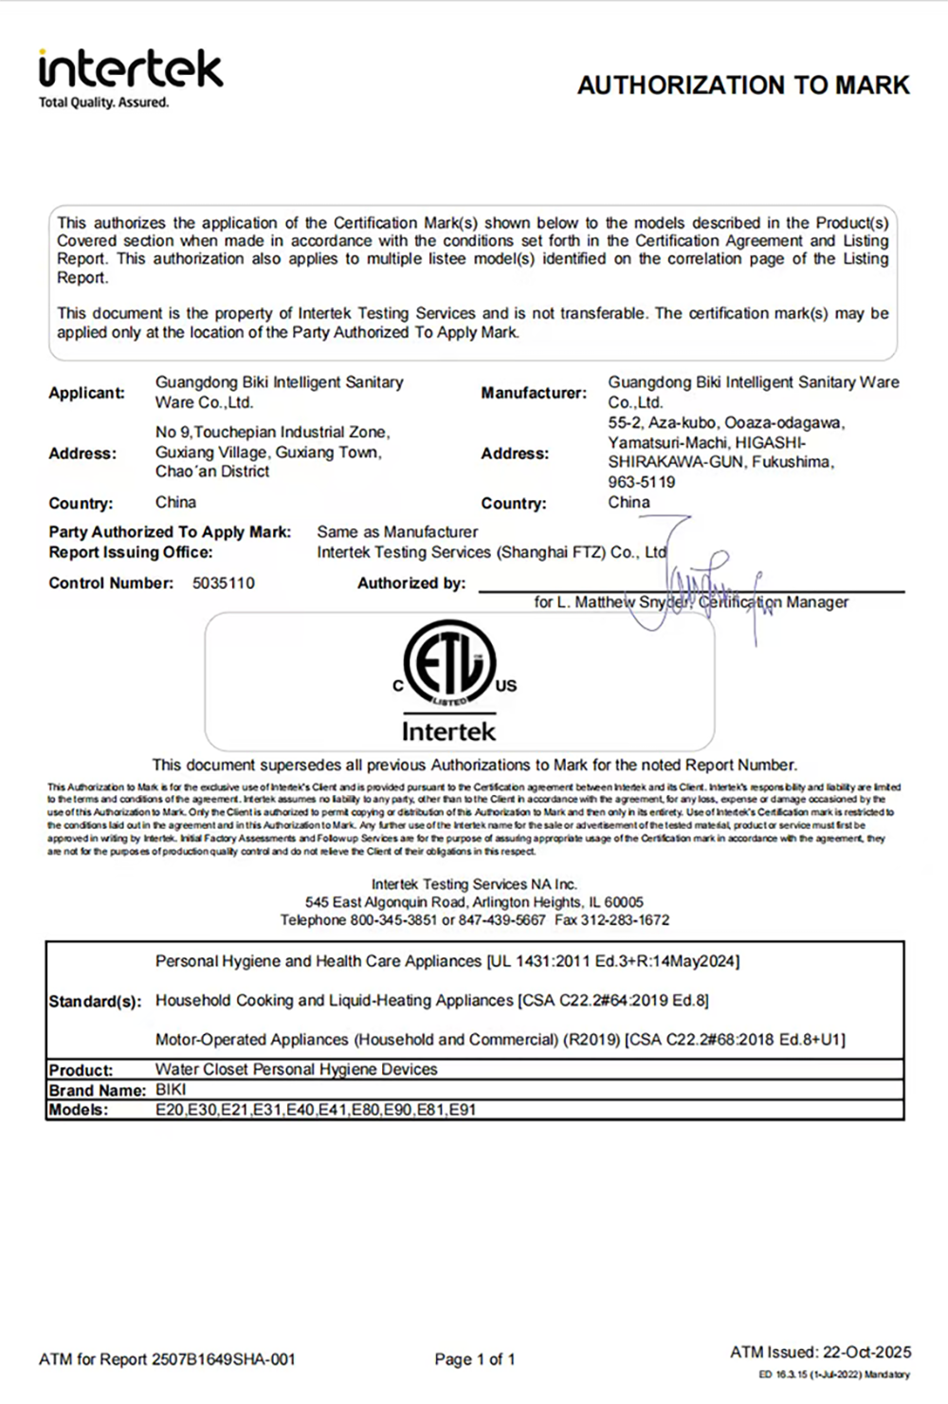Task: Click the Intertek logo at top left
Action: coord(131,69)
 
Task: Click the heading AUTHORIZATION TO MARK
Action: coord(743,85)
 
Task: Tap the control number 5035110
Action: coord(224,583)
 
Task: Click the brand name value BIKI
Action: coord(171,1090)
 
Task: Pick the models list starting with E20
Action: coord(316,1110)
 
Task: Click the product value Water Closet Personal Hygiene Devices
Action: coord(296,1069)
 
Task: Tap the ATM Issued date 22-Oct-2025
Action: coord(866,1352)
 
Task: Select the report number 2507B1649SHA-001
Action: coord(224,1359)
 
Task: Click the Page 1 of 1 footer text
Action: coord(475,1359)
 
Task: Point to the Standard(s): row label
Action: coord(95,1002)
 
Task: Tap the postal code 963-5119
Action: coord(642,482)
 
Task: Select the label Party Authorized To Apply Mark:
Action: coord(170,532)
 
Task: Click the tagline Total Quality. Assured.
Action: coord(103,102)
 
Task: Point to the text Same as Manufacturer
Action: coord(397,532)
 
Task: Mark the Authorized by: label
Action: coord(411,583)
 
